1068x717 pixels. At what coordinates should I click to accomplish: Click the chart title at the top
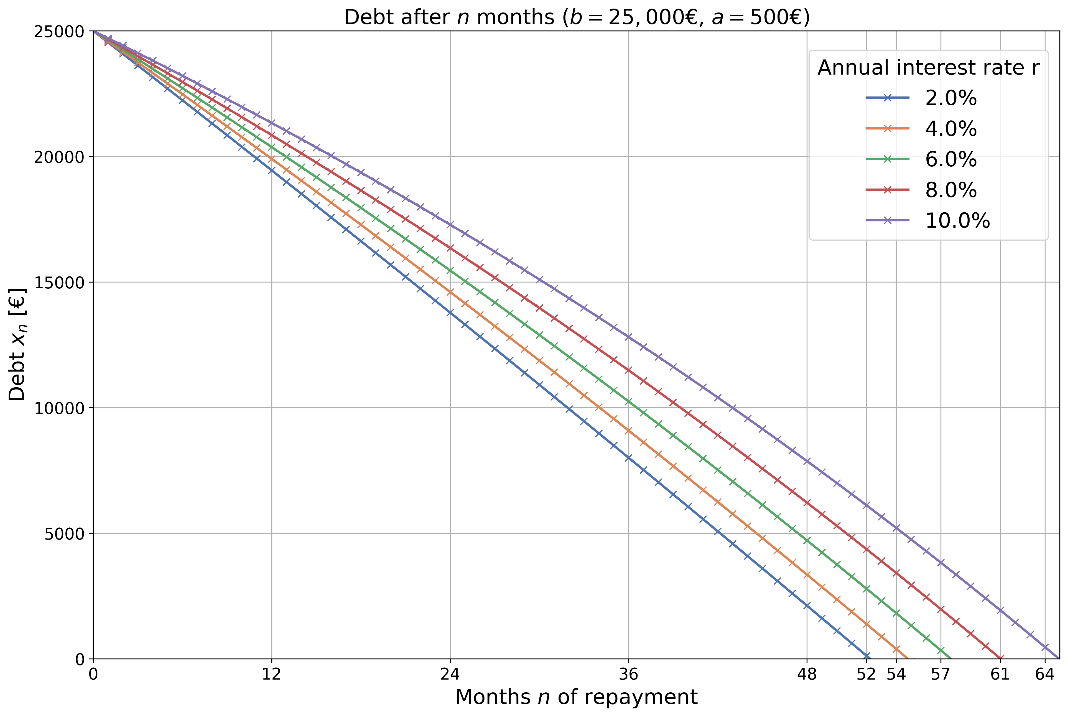[577, 17]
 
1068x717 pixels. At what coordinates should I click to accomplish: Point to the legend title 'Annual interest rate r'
[928, 68]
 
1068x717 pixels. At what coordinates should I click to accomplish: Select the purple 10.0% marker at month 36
[628, 337]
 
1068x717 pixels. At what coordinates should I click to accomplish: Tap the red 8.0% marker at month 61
[1000, 658]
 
